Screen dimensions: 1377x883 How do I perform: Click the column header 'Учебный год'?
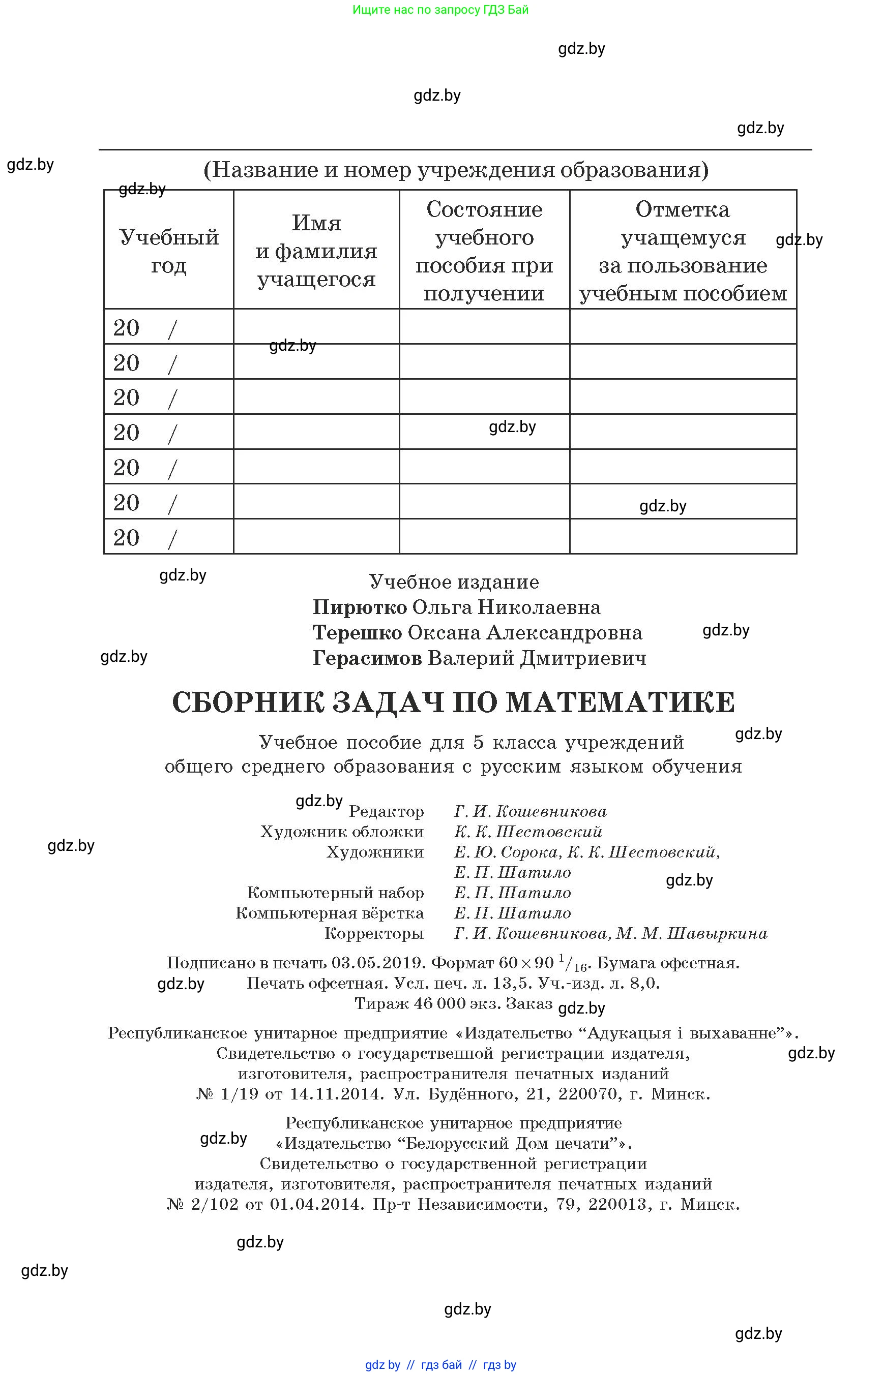[x=168, y=251]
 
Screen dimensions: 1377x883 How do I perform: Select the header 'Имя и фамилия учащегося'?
[x=316, y=251]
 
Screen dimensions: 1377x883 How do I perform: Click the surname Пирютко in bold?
[x=360, y=607]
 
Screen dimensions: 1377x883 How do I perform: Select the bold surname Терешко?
[x=357, y=633]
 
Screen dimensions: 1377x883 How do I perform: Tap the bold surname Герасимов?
[x=367, y=658]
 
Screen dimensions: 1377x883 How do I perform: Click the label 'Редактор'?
[x=387, y=812]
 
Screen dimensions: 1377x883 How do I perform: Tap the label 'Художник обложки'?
[x=342, y=832]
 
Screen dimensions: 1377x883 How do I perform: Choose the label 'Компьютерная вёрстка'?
[x=330, y=913]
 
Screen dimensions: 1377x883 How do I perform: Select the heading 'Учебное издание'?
[x=454, y=582]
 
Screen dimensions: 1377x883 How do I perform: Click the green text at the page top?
[x=440, y=10]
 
